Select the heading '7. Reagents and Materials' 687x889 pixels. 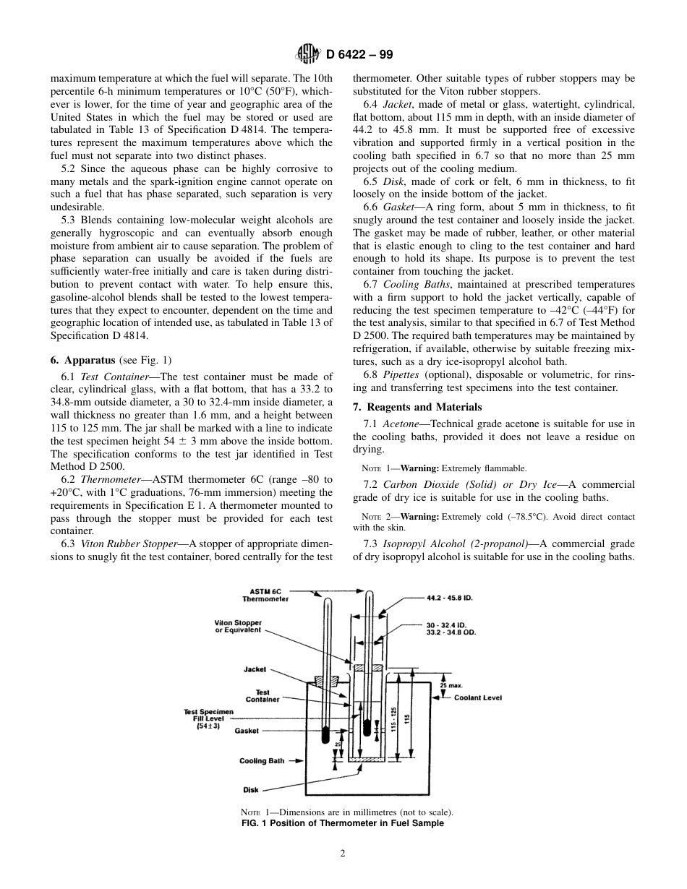click(x=417, y=407)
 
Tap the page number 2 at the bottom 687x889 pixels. click(x=343, y=853)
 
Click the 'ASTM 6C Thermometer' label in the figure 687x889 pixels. click(x=265, y=595)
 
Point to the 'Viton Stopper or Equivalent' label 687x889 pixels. click(x=239, y=627)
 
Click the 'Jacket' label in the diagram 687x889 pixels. click(x=255, y=669)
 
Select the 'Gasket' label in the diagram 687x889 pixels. click(x=247, y=731)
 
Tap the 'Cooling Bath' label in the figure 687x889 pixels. click(x=262, y=761)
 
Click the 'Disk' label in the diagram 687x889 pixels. click(x=251, y=790)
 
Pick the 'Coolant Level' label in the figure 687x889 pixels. click(x=477, y=697)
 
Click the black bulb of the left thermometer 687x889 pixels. click(x=325, y=734)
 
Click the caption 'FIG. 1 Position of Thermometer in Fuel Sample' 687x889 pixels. click(x=342, y=823)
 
